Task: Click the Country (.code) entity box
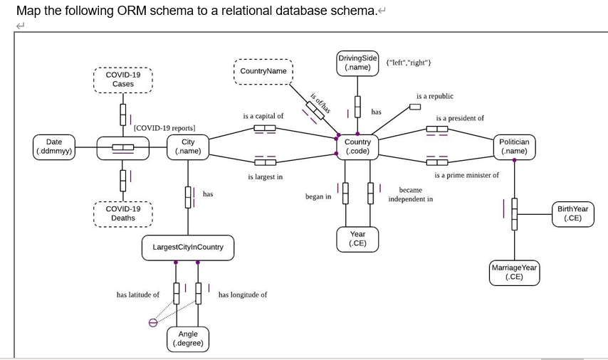click(x=357, y=147)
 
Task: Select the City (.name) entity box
click(x=188, y=147)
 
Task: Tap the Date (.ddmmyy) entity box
click(x=54, y=147)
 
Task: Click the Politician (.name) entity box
click(x=514, y=147)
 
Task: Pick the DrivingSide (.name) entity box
click(x=357, y=62)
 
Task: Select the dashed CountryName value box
click(x=263, y=71)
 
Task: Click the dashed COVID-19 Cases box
click(x=122, y=80)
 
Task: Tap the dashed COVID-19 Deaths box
click(x=122, y=213)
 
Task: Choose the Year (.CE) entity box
click(x=357, y=238)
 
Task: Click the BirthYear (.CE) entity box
click(x=572, y=213)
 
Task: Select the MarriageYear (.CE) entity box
click(x=514, y=272)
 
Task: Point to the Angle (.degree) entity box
click(x=188, y=339)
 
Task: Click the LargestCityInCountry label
click(x=188, y=247)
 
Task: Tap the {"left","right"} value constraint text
click(x=408, y=63)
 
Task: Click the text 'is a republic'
click(x=434, y=96)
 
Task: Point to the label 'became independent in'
click(x=410, y=194)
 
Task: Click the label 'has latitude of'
click(x=138, y=295)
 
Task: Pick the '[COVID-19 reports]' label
click(x=164, y=128)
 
